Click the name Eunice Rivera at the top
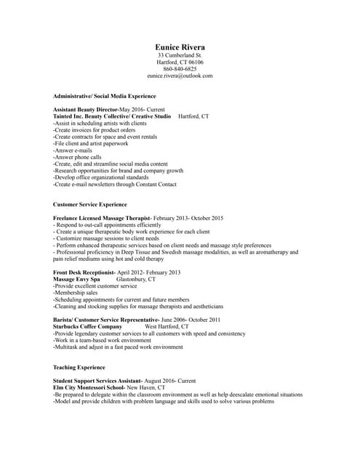(180, 47)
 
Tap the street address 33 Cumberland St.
(180, 56)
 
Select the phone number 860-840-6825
(180, 69)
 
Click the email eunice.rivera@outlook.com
(180, 76)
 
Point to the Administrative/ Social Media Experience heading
(104, 96)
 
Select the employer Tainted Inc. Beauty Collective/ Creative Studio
(112, 116)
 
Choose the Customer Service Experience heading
(90, 205)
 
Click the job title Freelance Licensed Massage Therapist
(102, 218)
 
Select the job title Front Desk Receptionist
(79, 272)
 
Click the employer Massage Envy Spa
(76, 279)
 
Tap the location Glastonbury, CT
(136, 279)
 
